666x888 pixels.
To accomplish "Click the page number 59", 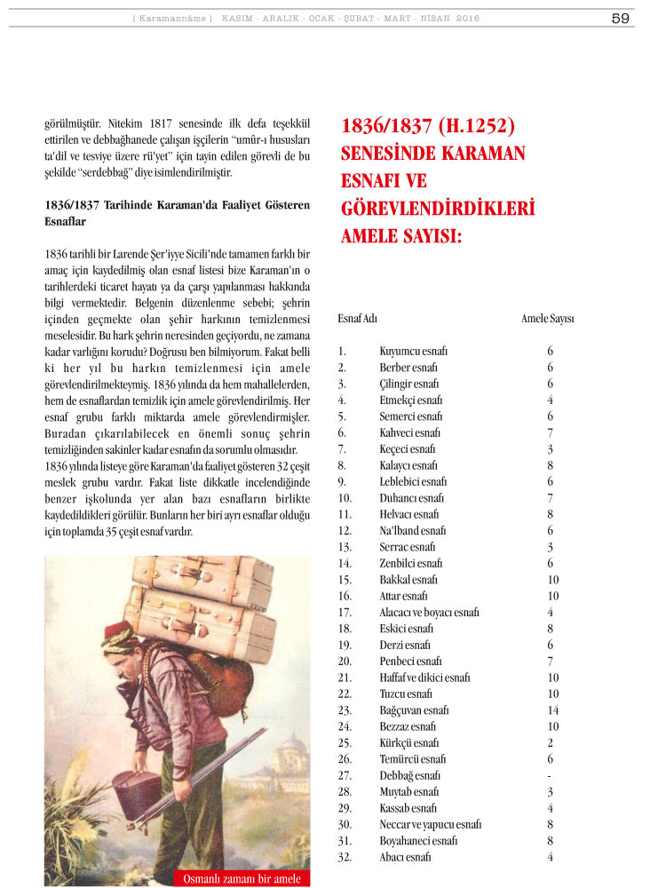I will pos(621,18).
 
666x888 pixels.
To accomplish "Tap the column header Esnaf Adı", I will pos(358,318).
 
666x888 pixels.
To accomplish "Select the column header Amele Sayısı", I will pos(547,318).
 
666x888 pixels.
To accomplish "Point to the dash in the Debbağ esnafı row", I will pos(551,775).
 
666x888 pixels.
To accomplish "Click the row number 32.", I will pos(345,857).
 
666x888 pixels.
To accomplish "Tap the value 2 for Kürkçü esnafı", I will pos(551,742).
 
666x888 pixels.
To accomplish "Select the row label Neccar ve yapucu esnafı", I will pos(430,824).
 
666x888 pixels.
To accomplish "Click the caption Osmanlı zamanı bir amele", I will pos(242,879).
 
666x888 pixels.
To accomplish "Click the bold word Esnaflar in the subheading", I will pos(67,221).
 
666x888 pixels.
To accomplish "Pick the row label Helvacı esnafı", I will pos(408,514).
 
